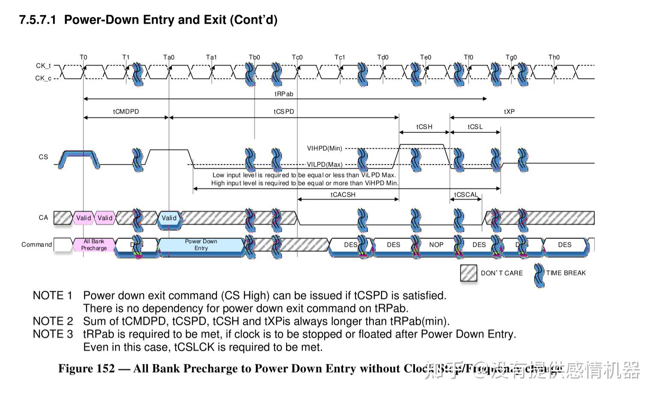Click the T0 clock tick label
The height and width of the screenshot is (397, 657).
point(83,57)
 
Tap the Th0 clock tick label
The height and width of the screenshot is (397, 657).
point(554,57)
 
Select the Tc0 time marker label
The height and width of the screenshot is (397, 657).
point(297,57)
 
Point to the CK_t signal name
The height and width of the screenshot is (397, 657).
point(43,66)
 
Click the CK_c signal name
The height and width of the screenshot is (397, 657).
point(43,78)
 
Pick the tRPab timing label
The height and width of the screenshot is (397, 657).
point(284,94)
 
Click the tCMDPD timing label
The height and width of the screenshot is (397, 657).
point(126,112)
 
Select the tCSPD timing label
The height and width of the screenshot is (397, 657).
point(284,112)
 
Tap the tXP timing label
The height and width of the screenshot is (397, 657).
point(509,112)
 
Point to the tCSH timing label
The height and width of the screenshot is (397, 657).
point(424,127)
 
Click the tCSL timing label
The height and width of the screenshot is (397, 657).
point(475,127)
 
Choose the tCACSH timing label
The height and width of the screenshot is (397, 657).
point(343,195)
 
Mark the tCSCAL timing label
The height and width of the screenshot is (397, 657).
point(466,195)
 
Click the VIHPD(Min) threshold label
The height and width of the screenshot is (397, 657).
point(325,149)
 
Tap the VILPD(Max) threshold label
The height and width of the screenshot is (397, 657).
point(325,164)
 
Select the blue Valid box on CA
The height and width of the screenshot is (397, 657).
point(169,218)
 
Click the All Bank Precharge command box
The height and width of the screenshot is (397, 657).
point(94,245)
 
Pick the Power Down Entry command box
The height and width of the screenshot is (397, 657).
point(201,245)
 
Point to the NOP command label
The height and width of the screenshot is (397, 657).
point(436,245)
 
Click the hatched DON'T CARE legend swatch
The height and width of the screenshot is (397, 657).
point(468,273)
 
